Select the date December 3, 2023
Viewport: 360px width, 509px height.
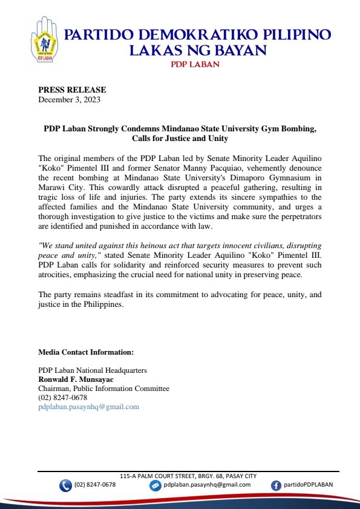[69, 99]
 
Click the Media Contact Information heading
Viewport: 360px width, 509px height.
[86, 352]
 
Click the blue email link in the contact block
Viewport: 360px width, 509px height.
[88, 407]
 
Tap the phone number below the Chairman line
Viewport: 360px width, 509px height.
[62, 398]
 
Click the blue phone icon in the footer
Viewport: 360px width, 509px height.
[65, 485]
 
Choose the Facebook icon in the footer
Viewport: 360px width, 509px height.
[276, 485]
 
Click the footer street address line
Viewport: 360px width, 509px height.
[188, 476]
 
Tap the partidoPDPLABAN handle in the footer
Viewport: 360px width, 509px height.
[308, 485]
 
